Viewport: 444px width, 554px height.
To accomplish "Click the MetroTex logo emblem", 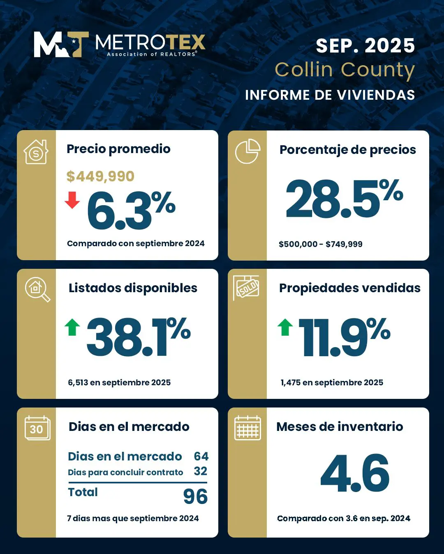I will (61, 44).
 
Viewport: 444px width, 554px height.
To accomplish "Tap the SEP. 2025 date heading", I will (365, 46).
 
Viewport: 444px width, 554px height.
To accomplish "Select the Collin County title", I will (345, 70).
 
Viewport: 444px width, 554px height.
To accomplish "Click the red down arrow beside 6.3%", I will (72, 200).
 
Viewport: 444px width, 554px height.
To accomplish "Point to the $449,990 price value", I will (100, 176).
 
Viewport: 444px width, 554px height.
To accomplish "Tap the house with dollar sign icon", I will (36, 152).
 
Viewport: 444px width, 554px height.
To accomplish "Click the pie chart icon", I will (247, 151).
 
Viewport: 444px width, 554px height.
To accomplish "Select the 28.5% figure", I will (344, 199).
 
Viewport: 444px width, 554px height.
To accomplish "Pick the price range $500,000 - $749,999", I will (320, 244).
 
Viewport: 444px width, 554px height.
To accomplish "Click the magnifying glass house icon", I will (37, 289).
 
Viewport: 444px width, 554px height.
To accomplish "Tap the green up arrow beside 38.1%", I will (72, 327).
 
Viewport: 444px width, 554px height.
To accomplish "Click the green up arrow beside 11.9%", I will (285, 327).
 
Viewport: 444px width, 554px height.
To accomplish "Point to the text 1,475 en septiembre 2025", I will (332, 382).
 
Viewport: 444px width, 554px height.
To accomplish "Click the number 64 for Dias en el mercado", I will (201, 456).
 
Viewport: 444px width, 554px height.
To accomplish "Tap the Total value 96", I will (195, 497).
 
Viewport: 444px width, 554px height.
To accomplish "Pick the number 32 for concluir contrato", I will (200, 471).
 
